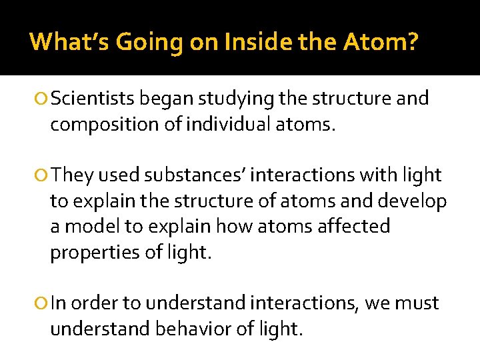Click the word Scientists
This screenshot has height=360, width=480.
[94, 99]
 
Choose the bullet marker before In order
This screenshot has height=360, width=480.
[43, 304]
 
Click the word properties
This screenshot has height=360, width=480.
[90, 253]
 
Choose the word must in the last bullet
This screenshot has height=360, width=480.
[417, 304]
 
